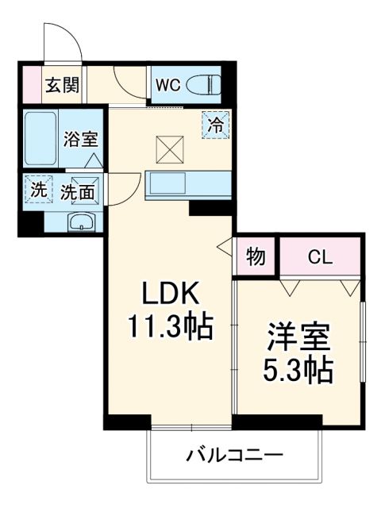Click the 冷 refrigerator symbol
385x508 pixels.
click(215, 124)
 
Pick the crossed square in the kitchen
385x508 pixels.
click(169, 148)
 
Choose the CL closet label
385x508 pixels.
click(321, 257)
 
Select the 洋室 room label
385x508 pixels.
click(298, 336)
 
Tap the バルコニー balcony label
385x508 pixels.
click(234, 455)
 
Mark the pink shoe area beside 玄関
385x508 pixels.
click(29, 84)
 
